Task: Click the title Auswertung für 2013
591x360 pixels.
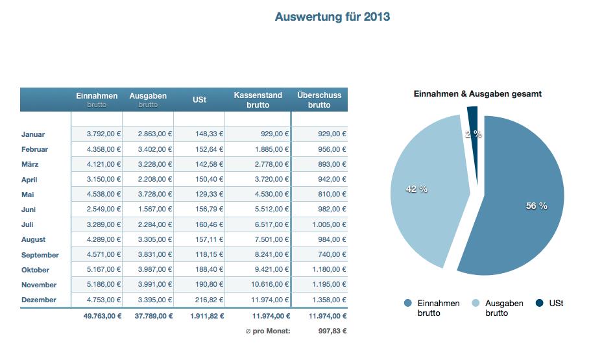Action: [x=332, y=17]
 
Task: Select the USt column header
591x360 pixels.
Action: [x=199, y=100]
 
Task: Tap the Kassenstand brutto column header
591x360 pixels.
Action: [x=258, y=100]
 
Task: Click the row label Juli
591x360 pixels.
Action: [x=28, y=225]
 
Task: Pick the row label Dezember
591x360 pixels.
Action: [x=38, y=300]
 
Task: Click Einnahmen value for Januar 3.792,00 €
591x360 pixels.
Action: [x=104, y=134]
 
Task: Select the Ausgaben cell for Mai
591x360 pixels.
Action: [x=155, y=195]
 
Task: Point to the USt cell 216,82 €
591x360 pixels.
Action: [x=208, y=300]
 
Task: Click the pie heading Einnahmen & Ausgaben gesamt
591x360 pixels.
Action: [x=477, y=94]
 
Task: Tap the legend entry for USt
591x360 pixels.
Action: [x=549, y=304]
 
